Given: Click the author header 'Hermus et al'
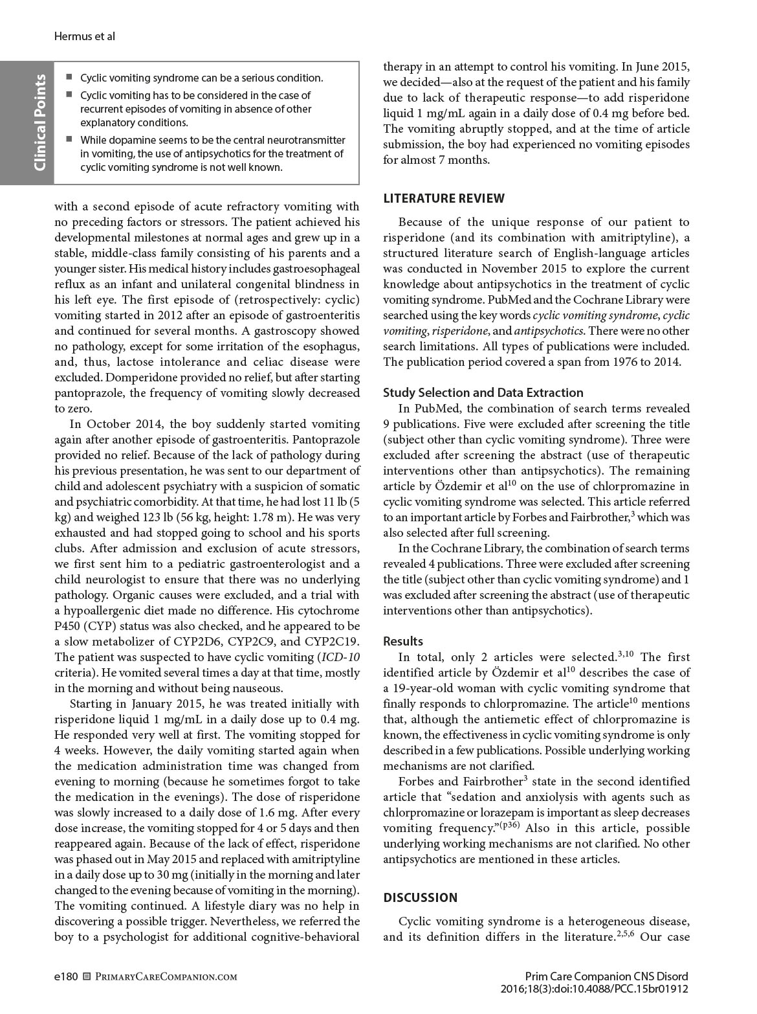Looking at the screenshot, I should point(84,36).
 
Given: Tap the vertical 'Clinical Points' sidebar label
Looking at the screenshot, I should point(39,123).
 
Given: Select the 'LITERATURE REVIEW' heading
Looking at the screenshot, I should point(444,199).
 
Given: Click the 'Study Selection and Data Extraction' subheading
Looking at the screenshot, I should point(483,392).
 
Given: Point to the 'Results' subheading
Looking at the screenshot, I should point(403,641).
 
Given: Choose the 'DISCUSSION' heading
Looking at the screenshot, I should point(421,897).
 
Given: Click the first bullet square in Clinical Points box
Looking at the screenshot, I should point(69,78).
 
